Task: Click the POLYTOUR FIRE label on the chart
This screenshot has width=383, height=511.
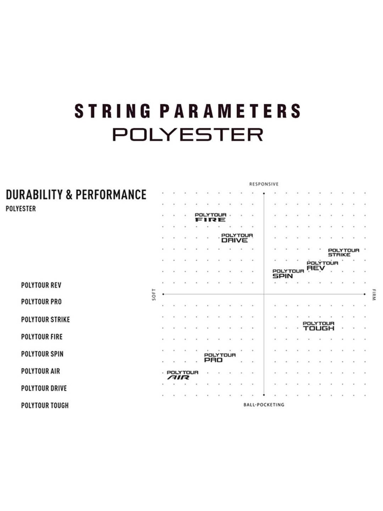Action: tap(210, 217)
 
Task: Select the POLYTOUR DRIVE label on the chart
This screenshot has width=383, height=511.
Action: tap(237, 238)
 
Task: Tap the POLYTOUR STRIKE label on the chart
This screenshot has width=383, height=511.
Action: tap(343, 252)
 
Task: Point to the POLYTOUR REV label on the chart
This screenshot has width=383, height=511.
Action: tap(322, 266)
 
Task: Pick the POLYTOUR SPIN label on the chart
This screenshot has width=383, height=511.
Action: tap(288, 274)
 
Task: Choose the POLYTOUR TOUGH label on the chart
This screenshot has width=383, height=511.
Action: tap(318, 326)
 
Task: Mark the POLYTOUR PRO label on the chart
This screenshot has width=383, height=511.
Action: tap(220, 358)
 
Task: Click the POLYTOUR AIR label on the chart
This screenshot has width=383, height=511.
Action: tap(182, 375)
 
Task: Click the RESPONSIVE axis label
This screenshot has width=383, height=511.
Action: tap(264, 184)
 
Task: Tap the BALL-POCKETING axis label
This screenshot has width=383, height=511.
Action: tap(264, 405)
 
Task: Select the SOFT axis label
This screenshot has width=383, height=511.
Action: tap(154, 294)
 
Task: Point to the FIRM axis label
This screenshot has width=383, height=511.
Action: tap(374, 295)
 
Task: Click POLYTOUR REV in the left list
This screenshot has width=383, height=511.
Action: tap(41, 285)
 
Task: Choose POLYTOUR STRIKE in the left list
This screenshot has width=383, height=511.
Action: tap(45, 319)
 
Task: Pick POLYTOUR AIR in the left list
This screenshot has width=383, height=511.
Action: tap(40, 371)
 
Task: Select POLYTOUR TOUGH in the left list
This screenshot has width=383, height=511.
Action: tap(45, 405)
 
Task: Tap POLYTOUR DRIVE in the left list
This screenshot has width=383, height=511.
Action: tap(44, 388)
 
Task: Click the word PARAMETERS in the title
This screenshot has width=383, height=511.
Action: tap(231, 111)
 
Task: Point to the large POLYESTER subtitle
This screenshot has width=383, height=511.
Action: tap(188, 134)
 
